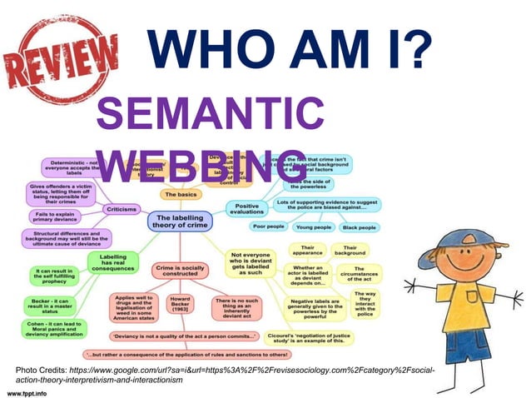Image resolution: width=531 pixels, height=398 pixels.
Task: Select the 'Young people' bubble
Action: pos(314,226)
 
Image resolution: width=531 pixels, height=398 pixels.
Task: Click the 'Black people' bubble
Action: pos(360,226)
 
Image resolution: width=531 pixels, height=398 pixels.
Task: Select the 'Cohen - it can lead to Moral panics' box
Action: pos(54,329)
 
